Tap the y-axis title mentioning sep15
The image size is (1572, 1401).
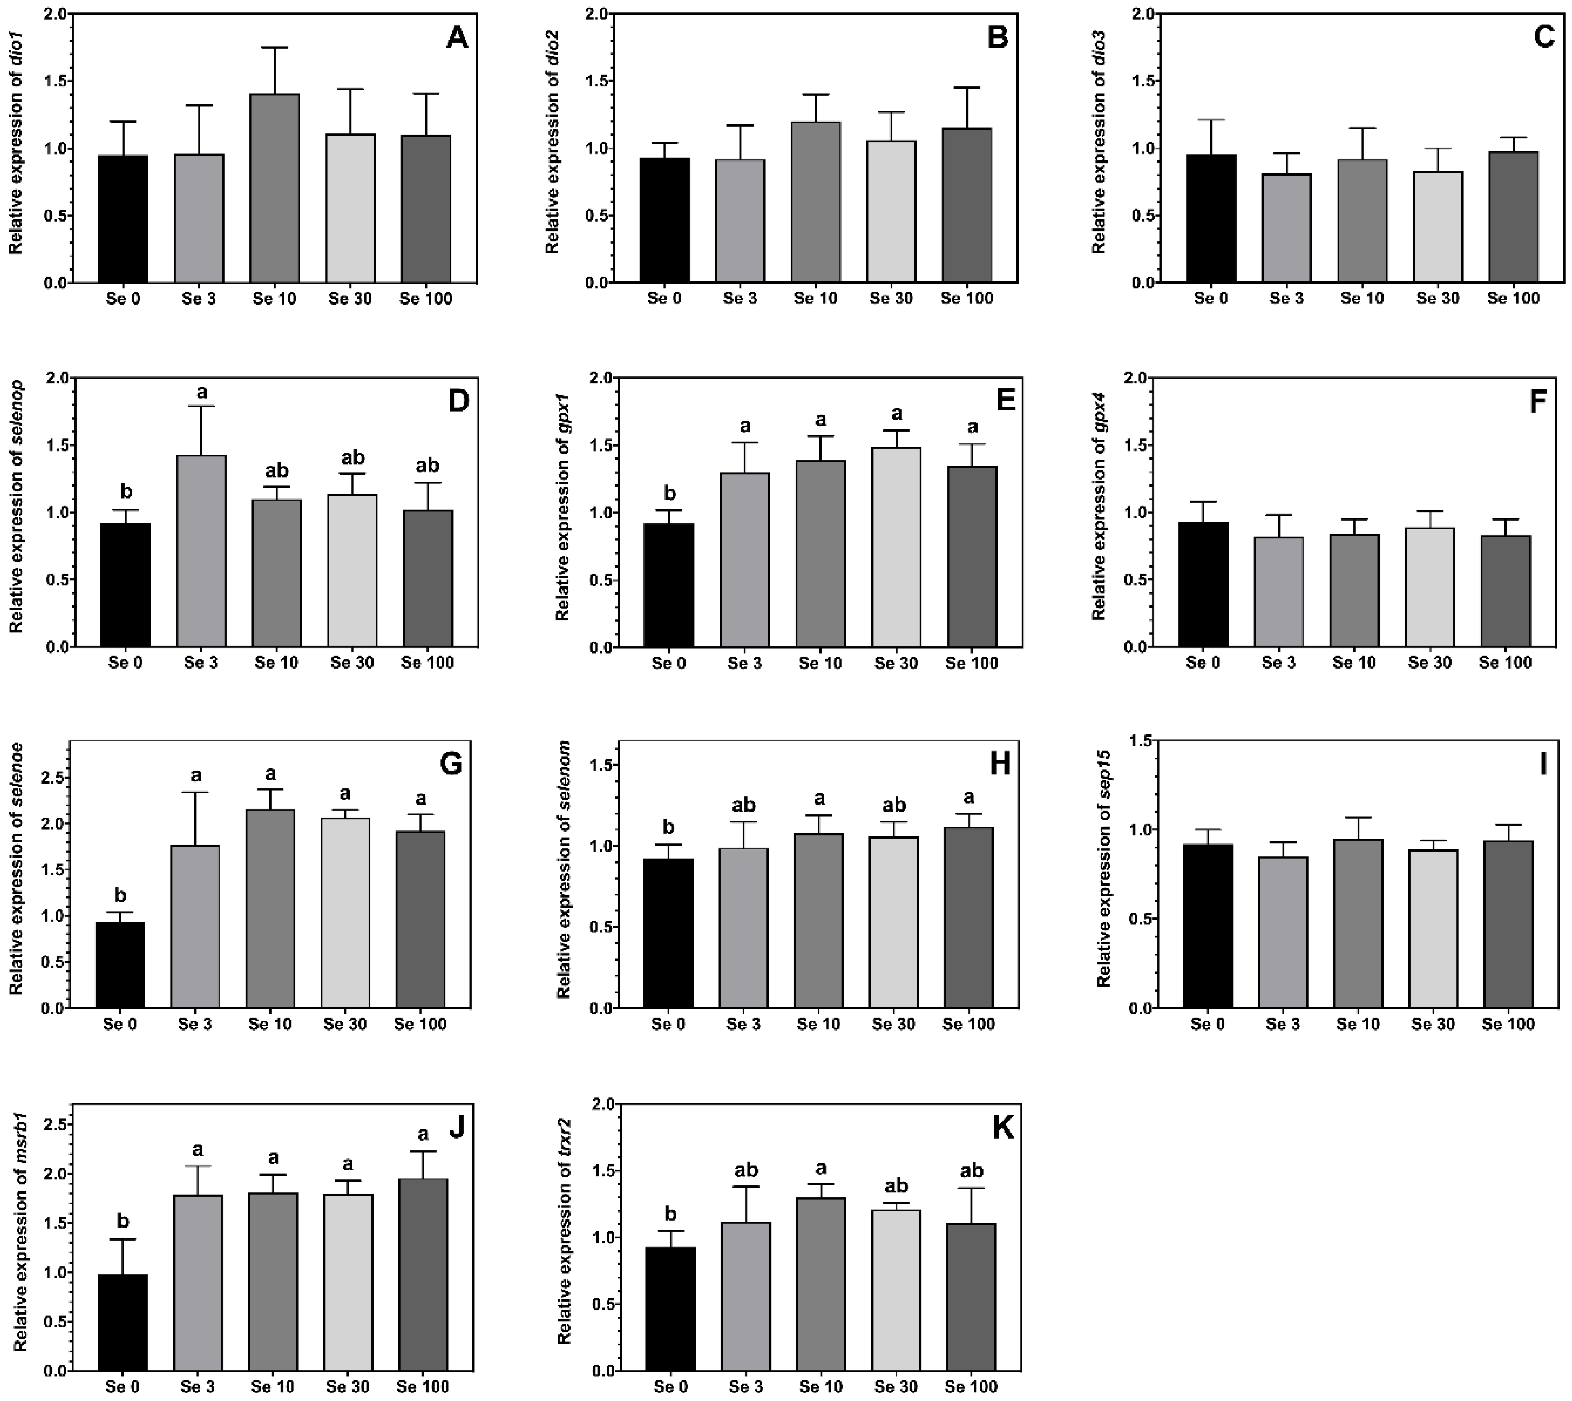tap(1104, 874)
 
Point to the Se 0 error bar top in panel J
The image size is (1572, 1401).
tap(123, 1239)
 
